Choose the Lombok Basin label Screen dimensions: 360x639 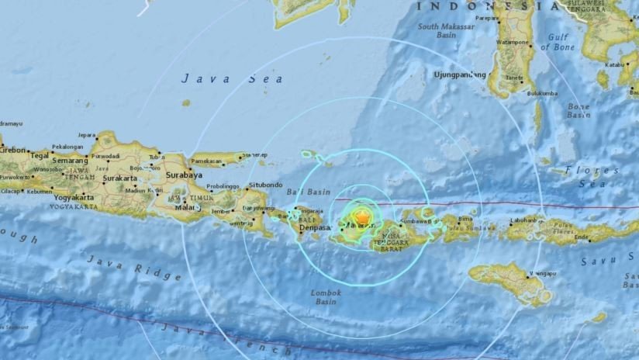pyautogui.click(x=326, y=297)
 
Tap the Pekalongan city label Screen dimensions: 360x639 pyautogui.click(x=71, y=146)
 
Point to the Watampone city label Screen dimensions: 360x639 pyautogui.click(x=513, y=42)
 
